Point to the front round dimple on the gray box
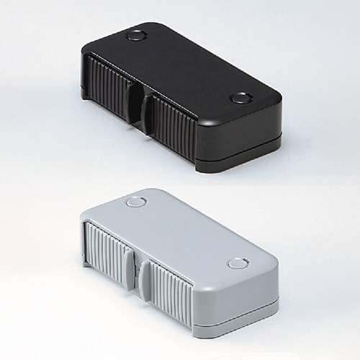(x=237, y=264)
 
